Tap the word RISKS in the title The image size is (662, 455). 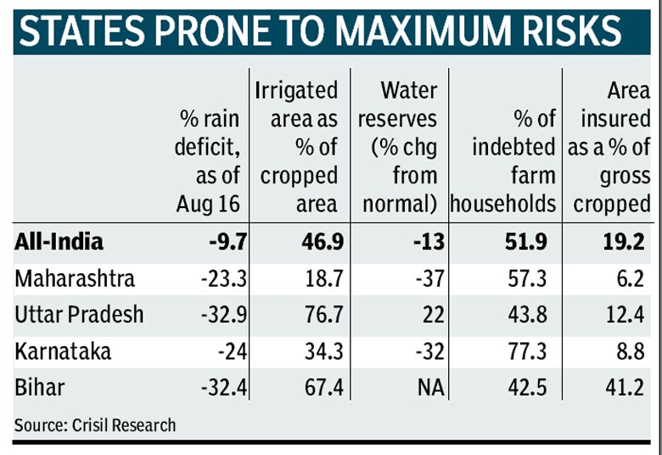pyautogui.click(x=572, y=31)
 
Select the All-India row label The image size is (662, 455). pyautogui.click(x=59, y=242)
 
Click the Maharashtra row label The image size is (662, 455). pyautogui.click(x=75, y=278)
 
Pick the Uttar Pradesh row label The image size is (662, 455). pyautogui.click(x=79, y=315)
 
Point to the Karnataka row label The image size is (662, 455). pyautogui.click(x=63, y=351)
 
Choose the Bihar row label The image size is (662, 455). pyautogui.click(x=40, y=388)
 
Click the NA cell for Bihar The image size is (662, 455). pyautogui.click(x=431, y=388)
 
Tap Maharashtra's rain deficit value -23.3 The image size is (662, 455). pyautogui.click(x=224, y=278)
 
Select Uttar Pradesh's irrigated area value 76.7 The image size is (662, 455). pyautogui.click(x=324, y=315)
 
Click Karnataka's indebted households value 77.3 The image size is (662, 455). pyautogui.click(x=527, y=351)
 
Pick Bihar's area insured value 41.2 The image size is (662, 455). pyautogui.click(x=625, y=388)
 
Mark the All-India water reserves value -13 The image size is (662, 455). pyautogui.click(x=429, y=242)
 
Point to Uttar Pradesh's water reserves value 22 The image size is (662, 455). pyautogui.click(x=433, y=315)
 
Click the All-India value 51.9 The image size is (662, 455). pyautogui.click(x=526, y=242)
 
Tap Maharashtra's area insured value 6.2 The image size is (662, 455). pyautogui.click(x=631, y=278)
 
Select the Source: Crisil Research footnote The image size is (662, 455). pyautogui.click(x=95, y=425)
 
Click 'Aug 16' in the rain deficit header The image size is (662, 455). pyautogui.click(x=208, y=205)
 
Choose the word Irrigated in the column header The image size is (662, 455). pyautogui.click(x=296, y=91)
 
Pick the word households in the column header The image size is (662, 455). pyautogui.click(x=503, y=205)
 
